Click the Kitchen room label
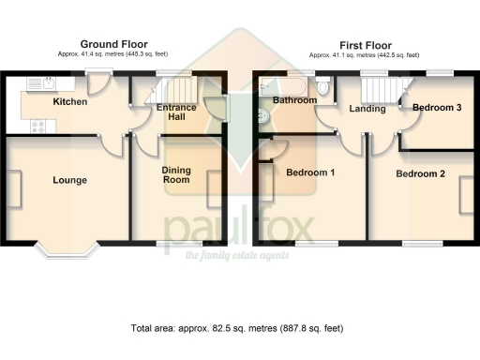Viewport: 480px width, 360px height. pyautogui.click(x=69, y=102)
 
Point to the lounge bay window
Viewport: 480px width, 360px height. pyautogui.click(x=67, y=248)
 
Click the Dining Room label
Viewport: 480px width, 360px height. pyautogui.click(x=176, y=175)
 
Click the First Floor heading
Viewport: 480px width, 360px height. pyautogui.click(x=366, y=44)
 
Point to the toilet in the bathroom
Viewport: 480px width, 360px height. pyautogui.click(x=323, y=88)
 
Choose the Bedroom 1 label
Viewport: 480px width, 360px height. pyautogui.click(x=311, y=172)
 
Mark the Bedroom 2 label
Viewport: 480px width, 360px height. pyautogui.click(x=420, y=174)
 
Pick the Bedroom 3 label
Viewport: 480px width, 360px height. pyautogui.click(x=437, y=108)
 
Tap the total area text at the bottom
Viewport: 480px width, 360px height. pyautogui.click(x=237, y=328)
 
